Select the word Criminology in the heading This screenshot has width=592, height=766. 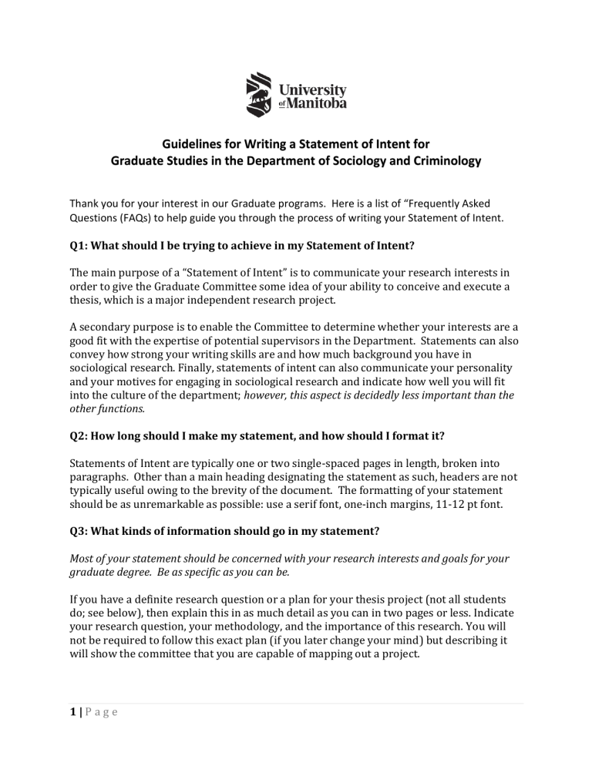[x=439, y=162]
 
